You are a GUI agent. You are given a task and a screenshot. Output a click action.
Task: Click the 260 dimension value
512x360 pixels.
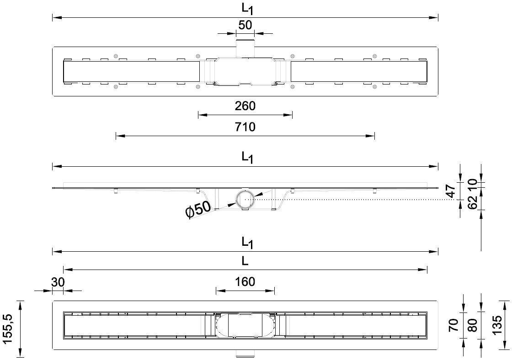(245, 106)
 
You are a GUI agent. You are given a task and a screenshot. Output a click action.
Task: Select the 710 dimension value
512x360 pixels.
(245, 127)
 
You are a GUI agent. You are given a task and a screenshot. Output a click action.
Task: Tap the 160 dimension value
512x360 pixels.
(245, 282)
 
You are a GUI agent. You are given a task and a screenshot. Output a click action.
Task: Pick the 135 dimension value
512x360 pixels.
(497, 325)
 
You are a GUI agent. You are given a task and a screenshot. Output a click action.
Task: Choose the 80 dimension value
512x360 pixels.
(473, 325)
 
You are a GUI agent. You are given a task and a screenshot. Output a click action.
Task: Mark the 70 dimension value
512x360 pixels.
(453, 325)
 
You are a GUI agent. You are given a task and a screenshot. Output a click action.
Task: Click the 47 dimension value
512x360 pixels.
(451, 191)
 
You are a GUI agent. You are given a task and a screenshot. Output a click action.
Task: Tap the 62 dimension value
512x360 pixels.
(473, 202)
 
